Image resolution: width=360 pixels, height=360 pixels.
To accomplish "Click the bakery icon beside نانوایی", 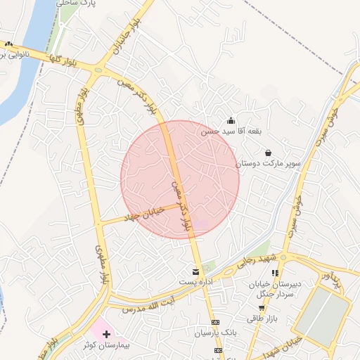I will [x=8, y=44].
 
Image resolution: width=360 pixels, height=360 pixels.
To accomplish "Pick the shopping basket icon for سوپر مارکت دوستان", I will [x=268, y=153].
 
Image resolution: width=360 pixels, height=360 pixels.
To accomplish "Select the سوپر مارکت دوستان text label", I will [x=268, y=163].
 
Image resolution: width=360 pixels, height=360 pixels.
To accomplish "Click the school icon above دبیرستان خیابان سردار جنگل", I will [x=276, y=273].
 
